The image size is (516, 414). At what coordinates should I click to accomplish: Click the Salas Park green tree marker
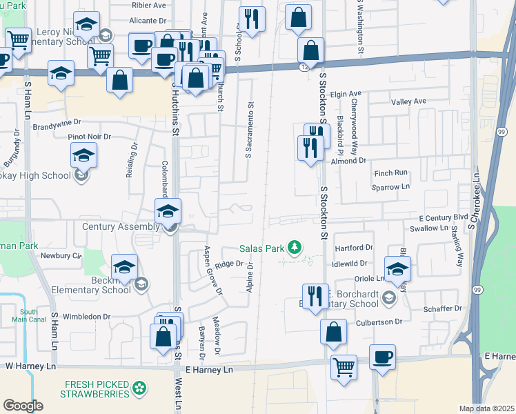[x=295, y=247]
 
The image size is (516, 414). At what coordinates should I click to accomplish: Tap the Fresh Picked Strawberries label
[x=97, y=389]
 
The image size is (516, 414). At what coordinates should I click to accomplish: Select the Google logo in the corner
[x=23, y=406]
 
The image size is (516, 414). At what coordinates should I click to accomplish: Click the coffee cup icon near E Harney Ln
[x=382, y=357]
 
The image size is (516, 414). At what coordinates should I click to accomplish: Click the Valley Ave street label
[x=409, y=101]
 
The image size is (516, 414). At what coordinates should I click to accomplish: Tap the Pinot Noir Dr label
[x=90, y=137]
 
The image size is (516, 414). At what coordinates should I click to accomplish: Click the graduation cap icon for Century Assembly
[x=168, y=211]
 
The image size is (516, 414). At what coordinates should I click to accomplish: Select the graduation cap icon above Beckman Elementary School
[x=124, y=267]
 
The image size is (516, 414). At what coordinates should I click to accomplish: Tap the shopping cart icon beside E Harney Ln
[x=344, y=366]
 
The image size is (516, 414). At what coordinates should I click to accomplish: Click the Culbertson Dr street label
[x=379, y=322]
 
